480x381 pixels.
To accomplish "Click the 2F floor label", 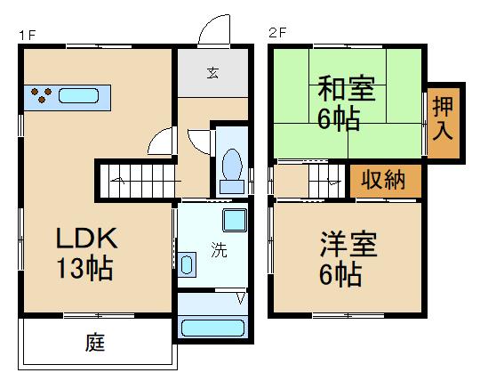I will click(278, 33).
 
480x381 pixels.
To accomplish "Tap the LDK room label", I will click(86, 239).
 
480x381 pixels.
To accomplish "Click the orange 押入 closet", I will click(443, 118).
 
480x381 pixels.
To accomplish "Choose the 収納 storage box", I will click(384, 181).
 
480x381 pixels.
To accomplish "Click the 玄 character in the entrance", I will click(213, 73).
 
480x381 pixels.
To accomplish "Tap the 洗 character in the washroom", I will click(218, 250).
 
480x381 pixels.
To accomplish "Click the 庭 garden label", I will click(96, 343).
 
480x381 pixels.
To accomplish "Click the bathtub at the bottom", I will click(213, 327).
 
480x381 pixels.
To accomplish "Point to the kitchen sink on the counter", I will click(81, 95).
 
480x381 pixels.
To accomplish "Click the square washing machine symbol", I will click(235, 221).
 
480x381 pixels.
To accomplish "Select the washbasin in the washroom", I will click(186, 264).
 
